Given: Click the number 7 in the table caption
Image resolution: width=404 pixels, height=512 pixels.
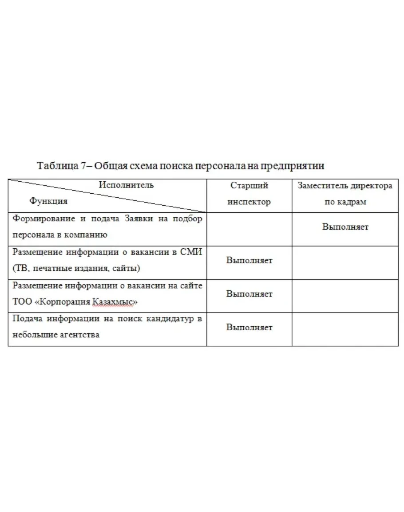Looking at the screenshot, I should tap(83, 166).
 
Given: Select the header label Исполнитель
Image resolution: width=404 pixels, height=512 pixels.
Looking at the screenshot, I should tap(127, 185).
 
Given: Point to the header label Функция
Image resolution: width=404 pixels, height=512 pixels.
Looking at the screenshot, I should tap(49, 201).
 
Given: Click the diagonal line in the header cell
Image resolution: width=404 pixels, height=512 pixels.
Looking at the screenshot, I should tap(107, 195).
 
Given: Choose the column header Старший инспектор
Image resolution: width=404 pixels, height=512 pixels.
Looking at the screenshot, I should tap(249, 194).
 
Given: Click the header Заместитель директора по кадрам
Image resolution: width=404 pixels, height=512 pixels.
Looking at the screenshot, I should tap(345, 194).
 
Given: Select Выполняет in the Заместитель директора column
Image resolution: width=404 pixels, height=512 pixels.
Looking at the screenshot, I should tap(345, 227).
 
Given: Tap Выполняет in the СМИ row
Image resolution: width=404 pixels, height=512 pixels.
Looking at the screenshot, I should tap(249, 260).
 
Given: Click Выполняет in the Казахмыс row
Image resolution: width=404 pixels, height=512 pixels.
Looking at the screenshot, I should tap(249, 294).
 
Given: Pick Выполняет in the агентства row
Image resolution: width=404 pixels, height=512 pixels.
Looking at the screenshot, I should tap(249, 328).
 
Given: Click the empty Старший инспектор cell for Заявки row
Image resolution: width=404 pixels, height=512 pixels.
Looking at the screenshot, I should tap(249, 229).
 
